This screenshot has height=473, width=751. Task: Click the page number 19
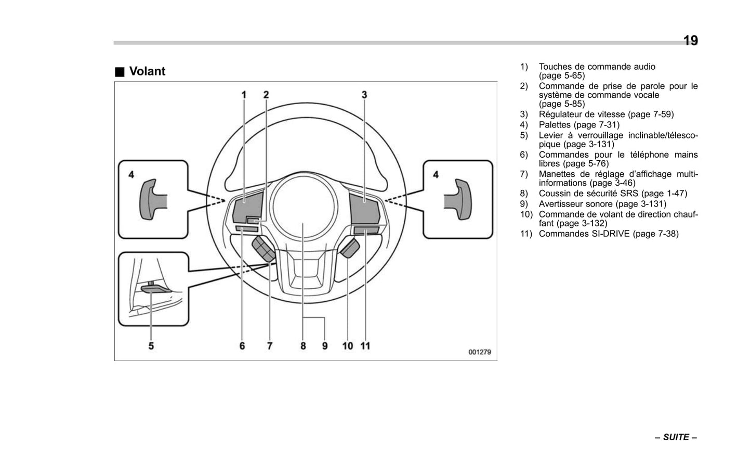point(690,41)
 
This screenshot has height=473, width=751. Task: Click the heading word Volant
point(147,71)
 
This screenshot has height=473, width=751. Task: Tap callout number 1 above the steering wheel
point(243,95)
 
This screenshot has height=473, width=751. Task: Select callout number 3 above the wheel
point(364,95)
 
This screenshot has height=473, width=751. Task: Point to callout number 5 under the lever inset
point(151,346)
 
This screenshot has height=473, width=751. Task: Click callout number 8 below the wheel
point(303,346)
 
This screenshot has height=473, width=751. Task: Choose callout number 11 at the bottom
point(365,346)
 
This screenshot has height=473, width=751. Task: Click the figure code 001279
point(479,352)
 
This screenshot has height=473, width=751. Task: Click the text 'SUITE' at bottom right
point(676,437)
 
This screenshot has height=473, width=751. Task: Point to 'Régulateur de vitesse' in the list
point(582,114)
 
